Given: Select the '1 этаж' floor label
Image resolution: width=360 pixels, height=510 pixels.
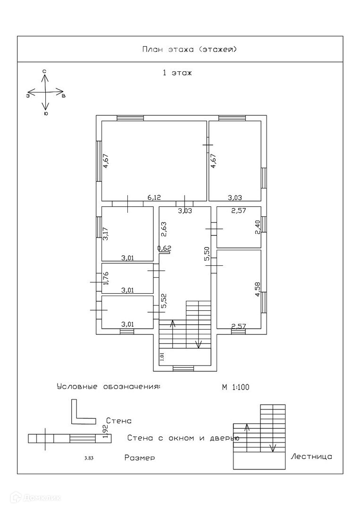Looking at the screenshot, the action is coord(177,73).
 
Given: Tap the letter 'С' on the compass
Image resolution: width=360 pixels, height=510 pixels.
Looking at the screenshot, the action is coord(44,71).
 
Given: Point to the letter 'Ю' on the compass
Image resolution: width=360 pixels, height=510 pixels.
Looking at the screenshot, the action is coord(45,113).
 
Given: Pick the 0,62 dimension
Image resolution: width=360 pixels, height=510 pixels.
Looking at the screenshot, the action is coord(164,248).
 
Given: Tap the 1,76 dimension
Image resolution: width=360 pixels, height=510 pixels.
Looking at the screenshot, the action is coord(106,278).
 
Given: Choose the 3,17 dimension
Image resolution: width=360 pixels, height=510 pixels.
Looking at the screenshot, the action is coord(106,234).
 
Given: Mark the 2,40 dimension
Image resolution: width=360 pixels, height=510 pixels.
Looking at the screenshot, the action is coord(258,228).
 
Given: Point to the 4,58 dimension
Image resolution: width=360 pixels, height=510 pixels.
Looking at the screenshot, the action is coord(258,289).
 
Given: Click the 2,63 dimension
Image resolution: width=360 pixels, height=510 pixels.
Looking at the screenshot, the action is coord(163,229).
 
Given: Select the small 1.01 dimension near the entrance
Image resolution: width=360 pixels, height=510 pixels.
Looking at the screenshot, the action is coord(162,357).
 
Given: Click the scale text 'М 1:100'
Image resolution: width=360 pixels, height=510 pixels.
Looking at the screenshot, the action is coord(235,387).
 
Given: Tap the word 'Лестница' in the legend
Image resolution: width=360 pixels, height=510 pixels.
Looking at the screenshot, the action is coord(311,457).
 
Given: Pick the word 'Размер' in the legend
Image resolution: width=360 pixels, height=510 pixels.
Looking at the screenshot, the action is coord(140,458).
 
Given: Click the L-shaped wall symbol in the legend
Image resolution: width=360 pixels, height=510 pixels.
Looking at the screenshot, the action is coord(80,413).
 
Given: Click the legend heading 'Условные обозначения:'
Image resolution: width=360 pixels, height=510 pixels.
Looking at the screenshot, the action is coord(108,387).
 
